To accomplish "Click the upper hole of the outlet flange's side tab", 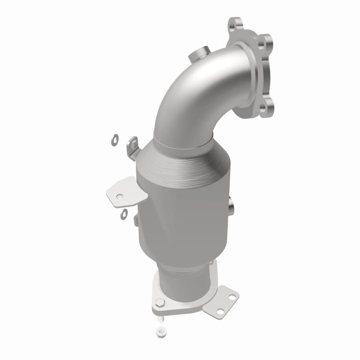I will [x=230, y=297].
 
